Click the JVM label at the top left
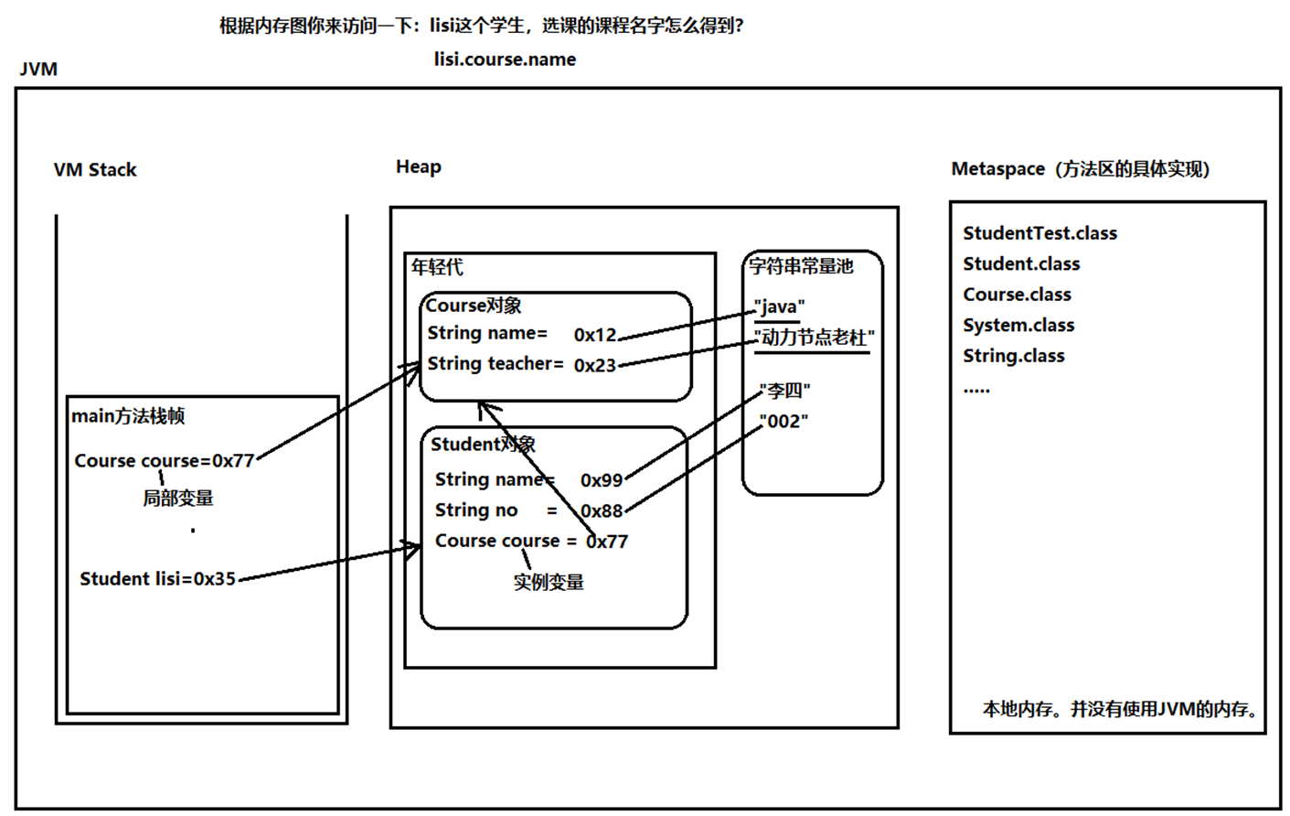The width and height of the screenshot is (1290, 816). (38, 70)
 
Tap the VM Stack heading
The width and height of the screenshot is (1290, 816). (95, 170)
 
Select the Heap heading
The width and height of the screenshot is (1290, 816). (419, 166)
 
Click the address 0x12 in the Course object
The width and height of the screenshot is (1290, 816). (595, 335)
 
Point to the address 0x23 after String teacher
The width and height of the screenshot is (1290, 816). (595, 365)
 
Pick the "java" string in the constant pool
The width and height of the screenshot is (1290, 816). (779, 306)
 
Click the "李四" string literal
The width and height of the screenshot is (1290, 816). (785, 392)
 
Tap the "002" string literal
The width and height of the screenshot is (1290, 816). (784, 422)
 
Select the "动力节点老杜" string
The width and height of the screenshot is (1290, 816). (814, 338)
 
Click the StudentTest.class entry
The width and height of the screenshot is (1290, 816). (1039, 233)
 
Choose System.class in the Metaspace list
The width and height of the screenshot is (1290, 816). (1018, 325)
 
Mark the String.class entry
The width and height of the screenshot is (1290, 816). (1014, 356)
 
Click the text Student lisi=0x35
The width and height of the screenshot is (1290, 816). (157, 579)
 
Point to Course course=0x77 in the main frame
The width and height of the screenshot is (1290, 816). (164, 461)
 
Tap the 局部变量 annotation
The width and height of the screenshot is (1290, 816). (178, 499)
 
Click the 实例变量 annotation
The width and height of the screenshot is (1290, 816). (549, 582)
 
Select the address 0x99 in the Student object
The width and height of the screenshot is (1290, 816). (602, 480)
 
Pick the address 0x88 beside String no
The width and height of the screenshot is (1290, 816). (602, 510)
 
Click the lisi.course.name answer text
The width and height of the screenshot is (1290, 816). (505, 59)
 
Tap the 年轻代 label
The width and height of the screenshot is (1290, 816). (437, 267)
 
